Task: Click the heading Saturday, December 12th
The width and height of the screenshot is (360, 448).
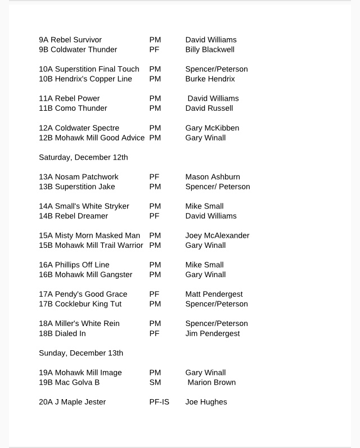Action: (83, 157)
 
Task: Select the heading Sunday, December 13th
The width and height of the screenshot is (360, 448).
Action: (81, 353)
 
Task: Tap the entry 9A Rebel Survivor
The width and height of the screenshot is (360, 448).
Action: (70, 40)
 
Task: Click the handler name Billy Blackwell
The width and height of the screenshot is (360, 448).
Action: (210, 49)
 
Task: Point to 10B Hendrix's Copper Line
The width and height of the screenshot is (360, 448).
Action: (85, 79)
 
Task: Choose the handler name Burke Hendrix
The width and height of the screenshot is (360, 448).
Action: (210, 79)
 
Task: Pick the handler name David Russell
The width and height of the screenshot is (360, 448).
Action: (209, 108)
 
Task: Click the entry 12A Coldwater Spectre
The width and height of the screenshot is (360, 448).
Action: (79, 128)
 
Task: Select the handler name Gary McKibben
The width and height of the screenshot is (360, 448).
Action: (212, 128)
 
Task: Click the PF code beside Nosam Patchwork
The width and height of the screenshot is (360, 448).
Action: (154, 177)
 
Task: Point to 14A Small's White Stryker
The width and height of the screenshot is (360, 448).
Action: (84, 206)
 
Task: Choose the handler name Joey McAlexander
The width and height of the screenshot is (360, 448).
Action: (217, 236)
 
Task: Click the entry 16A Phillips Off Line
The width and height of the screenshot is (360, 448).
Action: (74, 265)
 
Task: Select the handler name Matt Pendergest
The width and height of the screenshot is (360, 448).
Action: (213, 295)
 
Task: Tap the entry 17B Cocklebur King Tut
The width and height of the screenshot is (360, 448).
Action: (80, 304)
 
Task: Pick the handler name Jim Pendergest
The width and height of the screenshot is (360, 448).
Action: (212, 333)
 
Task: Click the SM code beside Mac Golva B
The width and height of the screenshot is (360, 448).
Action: (155, 382)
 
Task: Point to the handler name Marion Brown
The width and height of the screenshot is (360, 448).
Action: (211, 382)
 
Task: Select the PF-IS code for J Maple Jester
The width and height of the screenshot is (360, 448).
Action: (159, 402)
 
